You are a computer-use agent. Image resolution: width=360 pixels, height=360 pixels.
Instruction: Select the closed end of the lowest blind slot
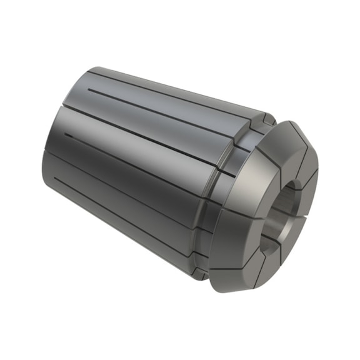click(x=56, y=179)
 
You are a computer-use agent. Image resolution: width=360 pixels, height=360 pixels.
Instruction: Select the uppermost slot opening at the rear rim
click(x=87, y=73)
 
